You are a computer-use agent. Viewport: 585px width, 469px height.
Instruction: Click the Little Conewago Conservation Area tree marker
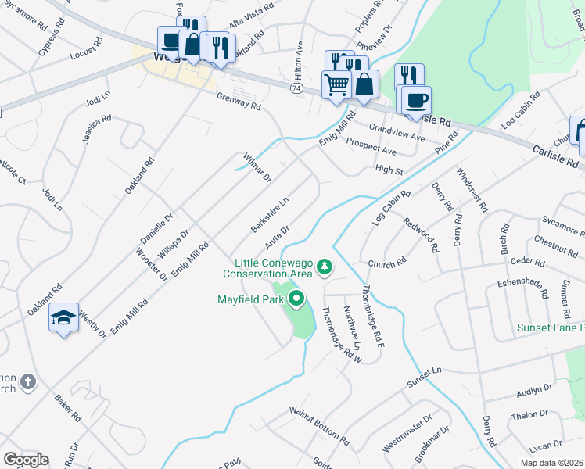[325, 268]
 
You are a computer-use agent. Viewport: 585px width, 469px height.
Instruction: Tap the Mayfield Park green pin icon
[296, 299]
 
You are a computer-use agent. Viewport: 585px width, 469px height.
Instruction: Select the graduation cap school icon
[63, 317]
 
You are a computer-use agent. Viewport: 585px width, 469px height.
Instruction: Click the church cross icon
[28, 382]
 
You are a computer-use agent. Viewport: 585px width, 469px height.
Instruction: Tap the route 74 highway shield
[296, 89]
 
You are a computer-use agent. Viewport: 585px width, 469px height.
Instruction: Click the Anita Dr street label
[278, 235]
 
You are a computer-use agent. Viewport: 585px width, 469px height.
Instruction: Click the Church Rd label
[388, 263]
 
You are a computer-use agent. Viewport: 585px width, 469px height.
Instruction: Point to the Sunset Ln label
[424, 378]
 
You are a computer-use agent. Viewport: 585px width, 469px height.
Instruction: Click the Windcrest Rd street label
[472, 189]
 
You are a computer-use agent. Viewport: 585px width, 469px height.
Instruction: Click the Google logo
[26, 460]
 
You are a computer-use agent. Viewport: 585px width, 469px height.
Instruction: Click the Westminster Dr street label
[407, 434]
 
